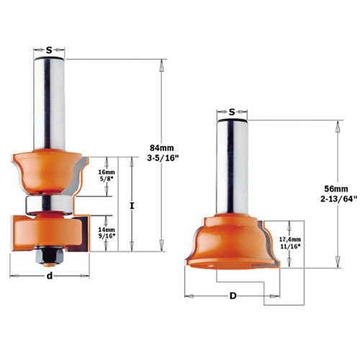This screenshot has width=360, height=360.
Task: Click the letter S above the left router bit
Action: [49, 50]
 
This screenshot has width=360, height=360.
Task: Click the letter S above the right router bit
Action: [232, 112]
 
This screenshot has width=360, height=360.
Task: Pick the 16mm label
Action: [106, 173]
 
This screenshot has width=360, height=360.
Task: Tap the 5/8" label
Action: [106, 181]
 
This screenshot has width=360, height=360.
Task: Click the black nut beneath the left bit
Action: [49, 253]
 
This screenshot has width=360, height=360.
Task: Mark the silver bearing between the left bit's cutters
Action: [49, 204]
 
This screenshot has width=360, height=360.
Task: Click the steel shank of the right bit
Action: [232, 166]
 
